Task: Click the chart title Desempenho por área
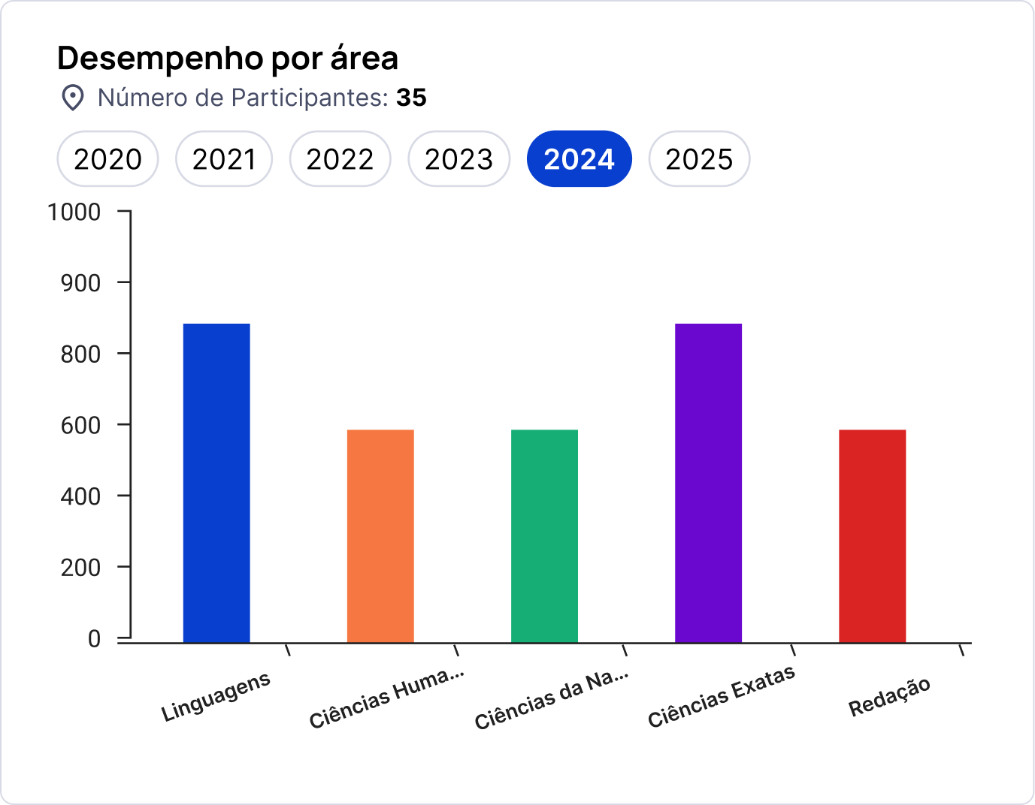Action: click(227, 59)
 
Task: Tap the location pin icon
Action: click(72, 98)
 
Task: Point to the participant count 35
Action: click(411, 98)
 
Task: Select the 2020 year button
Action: click(107, 159)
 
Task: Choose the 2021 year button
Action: click(224, 159)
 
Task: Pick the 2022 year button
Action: click(340, 159)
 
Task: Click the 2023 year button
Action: click(458, 159)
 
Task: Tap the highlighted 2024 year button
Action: click(579, 159)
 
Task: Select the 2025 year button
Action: click(699, 159)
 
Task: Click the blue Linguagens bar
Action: click(216, 483)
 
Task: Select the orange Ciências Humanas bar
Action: click(380, 536)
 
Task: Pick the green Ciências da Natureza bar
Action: click(544, 536)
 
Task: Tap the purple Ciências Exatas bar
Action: click(708, 483)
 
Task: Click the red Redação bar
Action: click(872, 536)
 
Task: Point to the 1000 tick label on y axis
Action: click(74, 213)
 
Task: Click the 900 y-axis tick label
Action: click(80, 283)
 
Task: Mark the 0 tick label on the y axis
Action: click(94, 639)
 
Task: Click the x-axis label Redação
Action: click(889, 698)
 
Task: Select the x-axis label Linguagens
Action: click(216, 698)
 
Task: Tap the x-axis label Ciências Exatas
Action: click(721, 697)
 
